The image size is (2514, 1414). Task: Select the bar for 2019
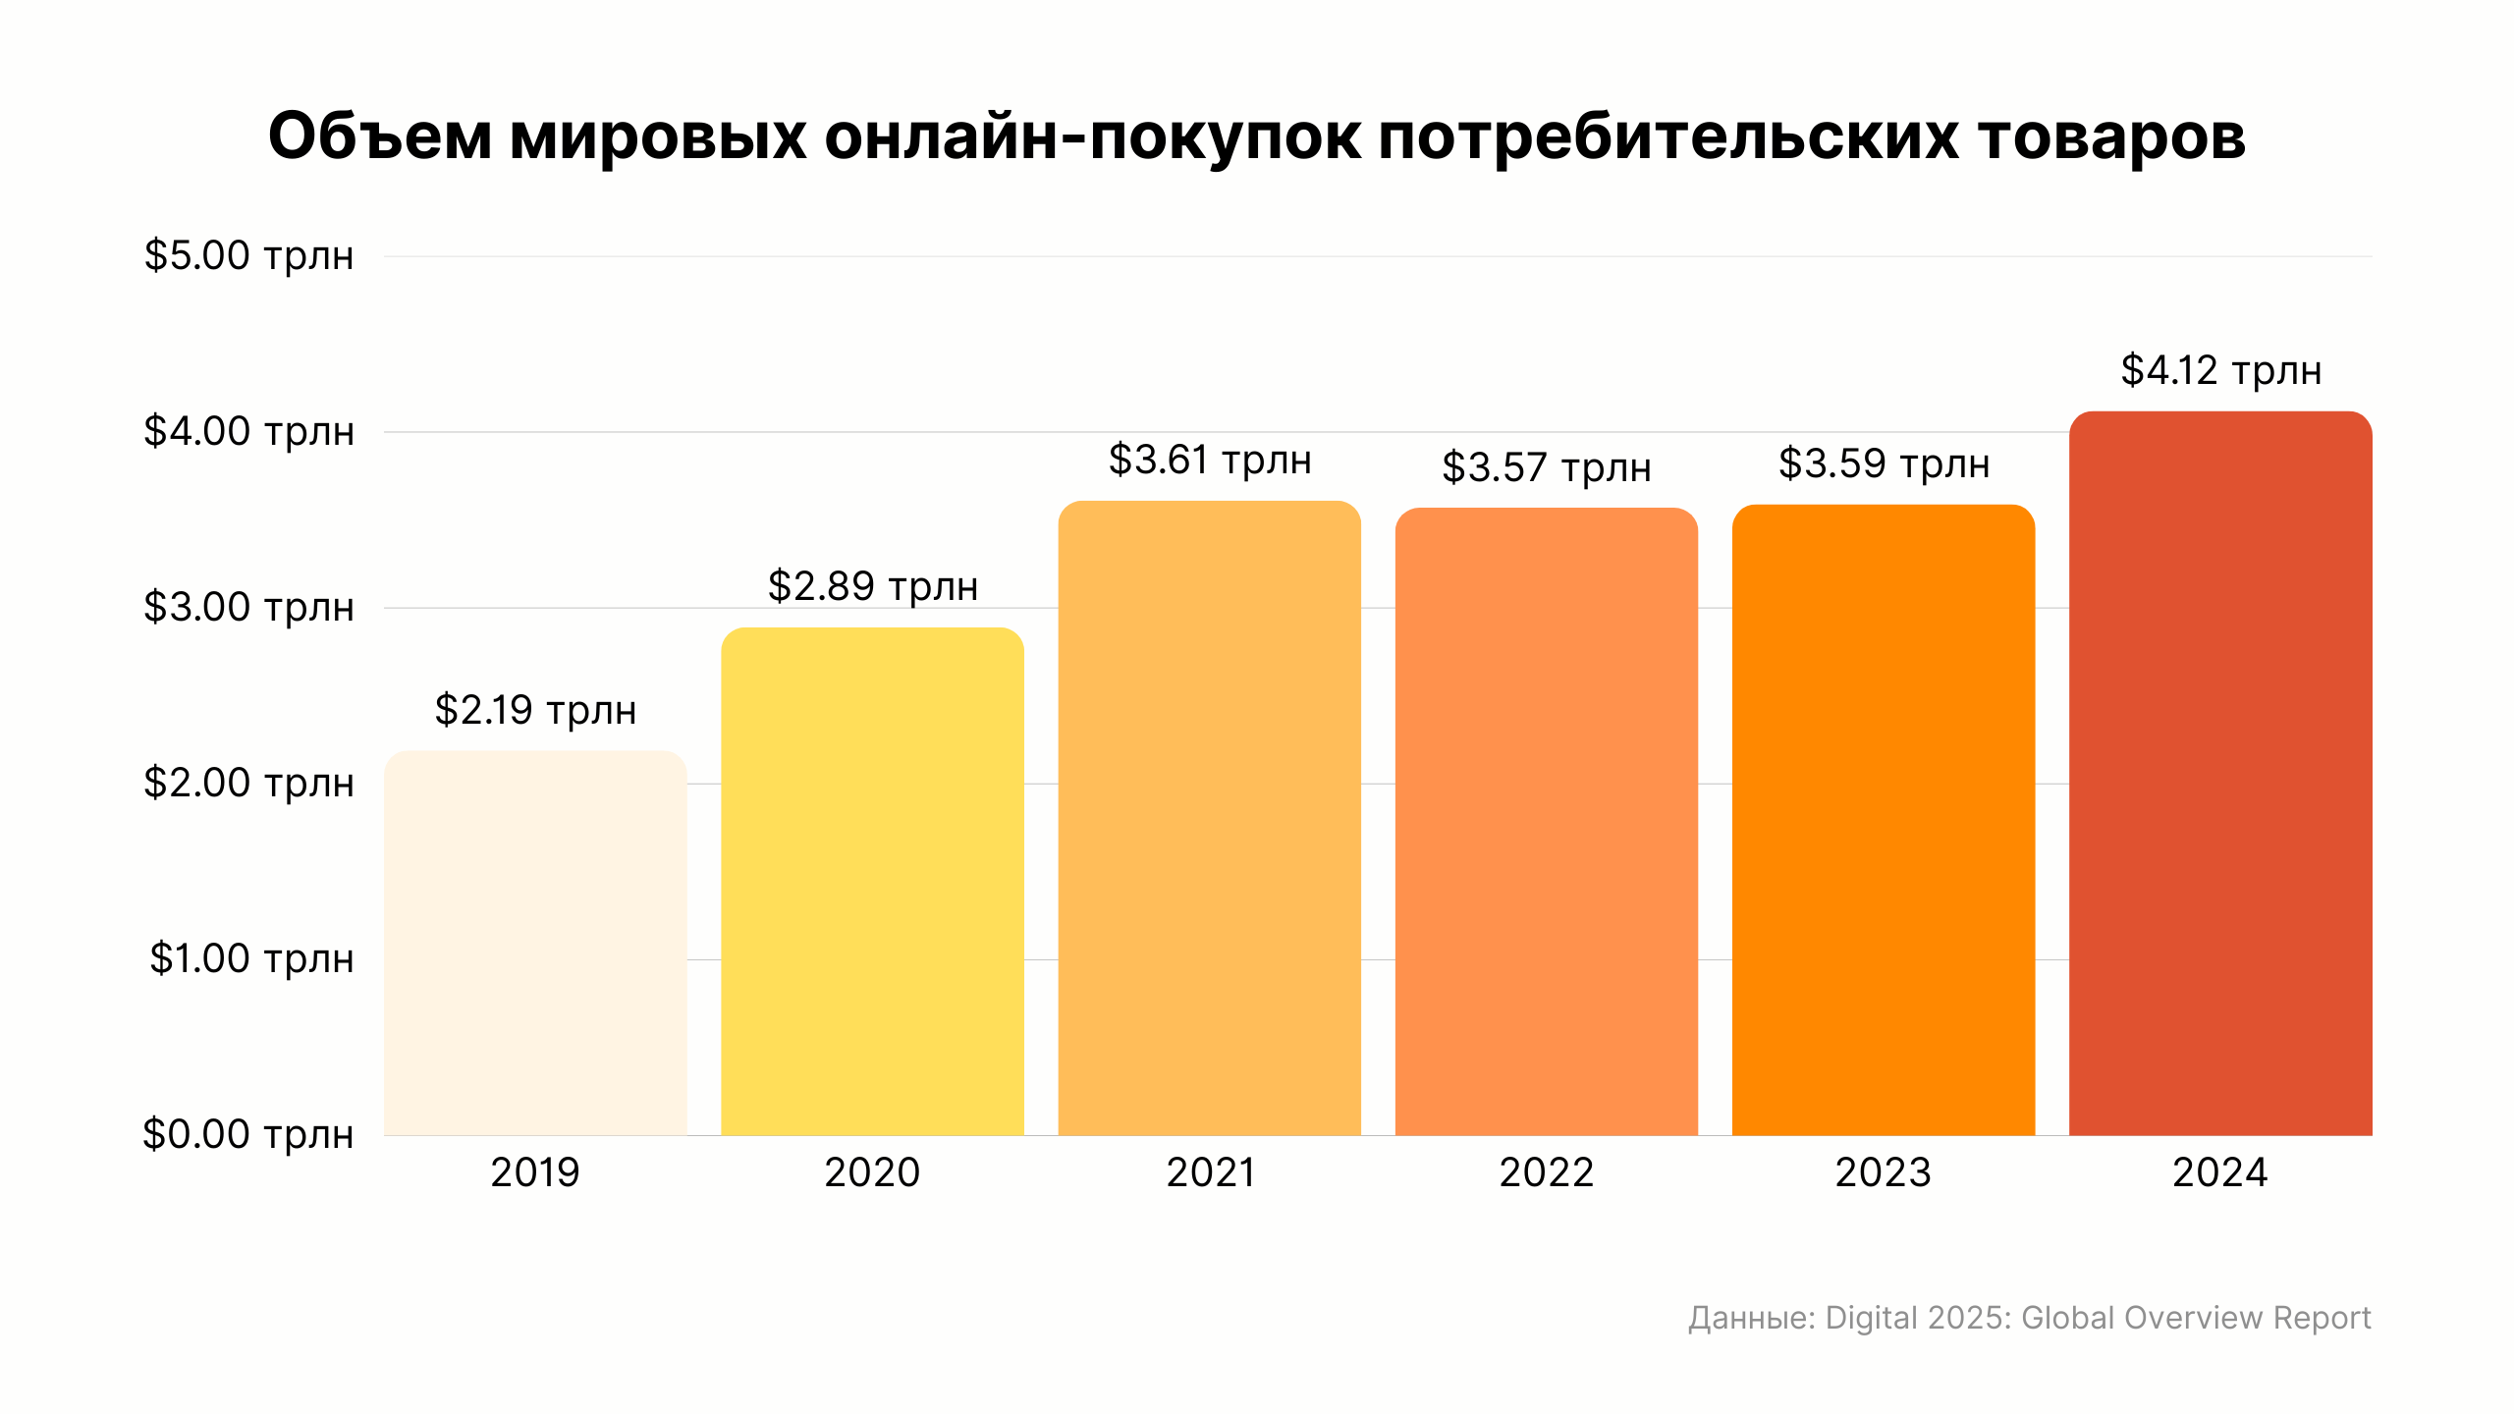point(535,943)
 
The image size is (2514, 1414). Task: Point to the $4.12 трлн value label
point(2220,371)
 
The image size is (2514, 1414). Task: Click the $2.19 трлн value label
point(535,710)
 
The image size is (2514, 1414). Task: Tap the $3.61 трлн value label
point(1209,461)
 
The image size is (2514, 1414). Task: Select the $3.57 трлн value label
point(1546,467)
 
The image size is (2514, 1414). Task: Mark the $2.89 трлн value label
point(872,586)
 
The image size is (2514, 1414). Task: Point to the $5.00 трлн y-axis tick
point(248,256)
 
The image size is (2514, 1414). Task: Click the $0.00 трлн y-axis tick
point(247,1134)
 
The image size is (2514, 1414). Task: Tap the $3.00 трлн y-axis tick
point(248,608)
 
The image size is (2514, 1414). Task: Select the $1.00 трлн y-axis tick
point(251,958)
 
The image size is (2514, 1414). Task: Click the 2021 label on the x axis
point(1210,1172)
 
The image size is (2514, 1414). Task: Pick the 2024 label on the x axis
point(2219,1172)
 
